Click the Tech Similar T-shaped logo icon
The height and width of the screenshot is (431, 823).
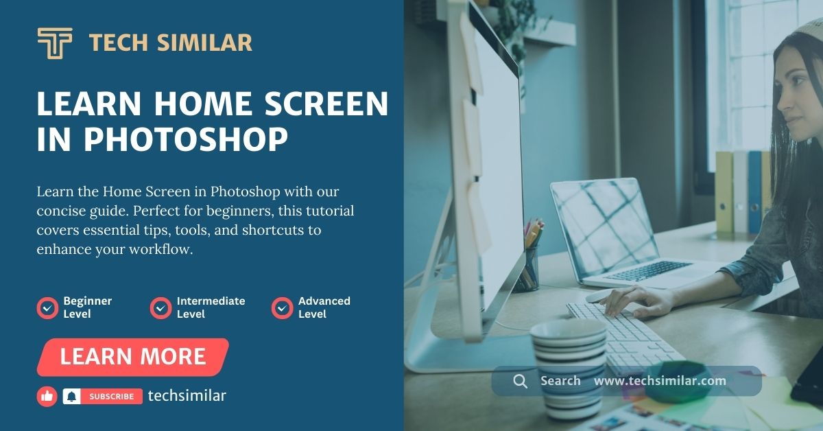[x=54, y=43]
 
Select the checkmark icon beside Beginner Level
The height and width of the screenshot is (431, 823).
[x=47, y=308]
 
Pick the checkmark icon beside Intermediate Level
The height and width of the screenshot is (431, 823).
[x=160, y=308]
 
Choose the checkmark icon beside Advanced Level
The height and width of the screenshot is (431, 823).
[x=282, y=308]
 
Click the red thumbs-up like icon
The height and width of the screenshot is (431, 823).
[x=47, y=396]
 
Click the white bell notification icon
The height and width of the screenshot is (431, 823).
[x=71, y=396]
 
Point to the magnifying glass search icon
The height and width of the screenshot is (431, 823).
[x=521, y=381]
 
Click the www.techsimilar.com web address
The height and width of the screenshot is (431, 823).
[x=659, y=381]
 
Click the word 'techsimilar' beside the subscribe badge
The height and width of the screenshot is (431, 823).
[x=187, y=396]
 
